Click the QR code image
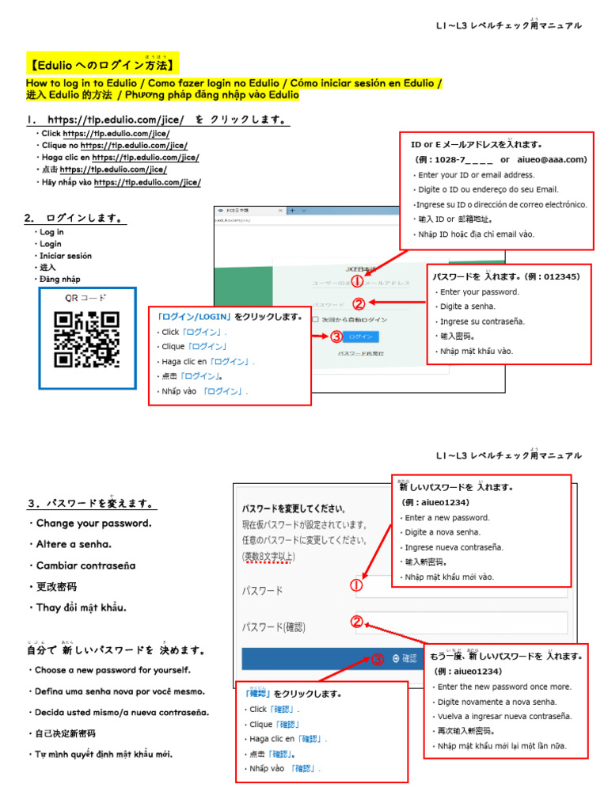[86, 339]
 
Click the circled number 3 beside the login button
[336, 336]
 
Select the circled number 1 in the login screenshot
[357, 281]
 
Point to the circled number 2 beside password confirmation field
[357, 622]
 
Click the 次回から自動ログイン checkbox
[315, 319]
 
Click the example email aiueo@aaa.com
[551, 159]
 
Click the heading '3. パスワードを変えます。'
[91, 503]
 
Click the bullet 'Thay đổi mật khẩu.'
[82, 607]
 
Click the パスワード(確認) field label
[273, 626]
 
